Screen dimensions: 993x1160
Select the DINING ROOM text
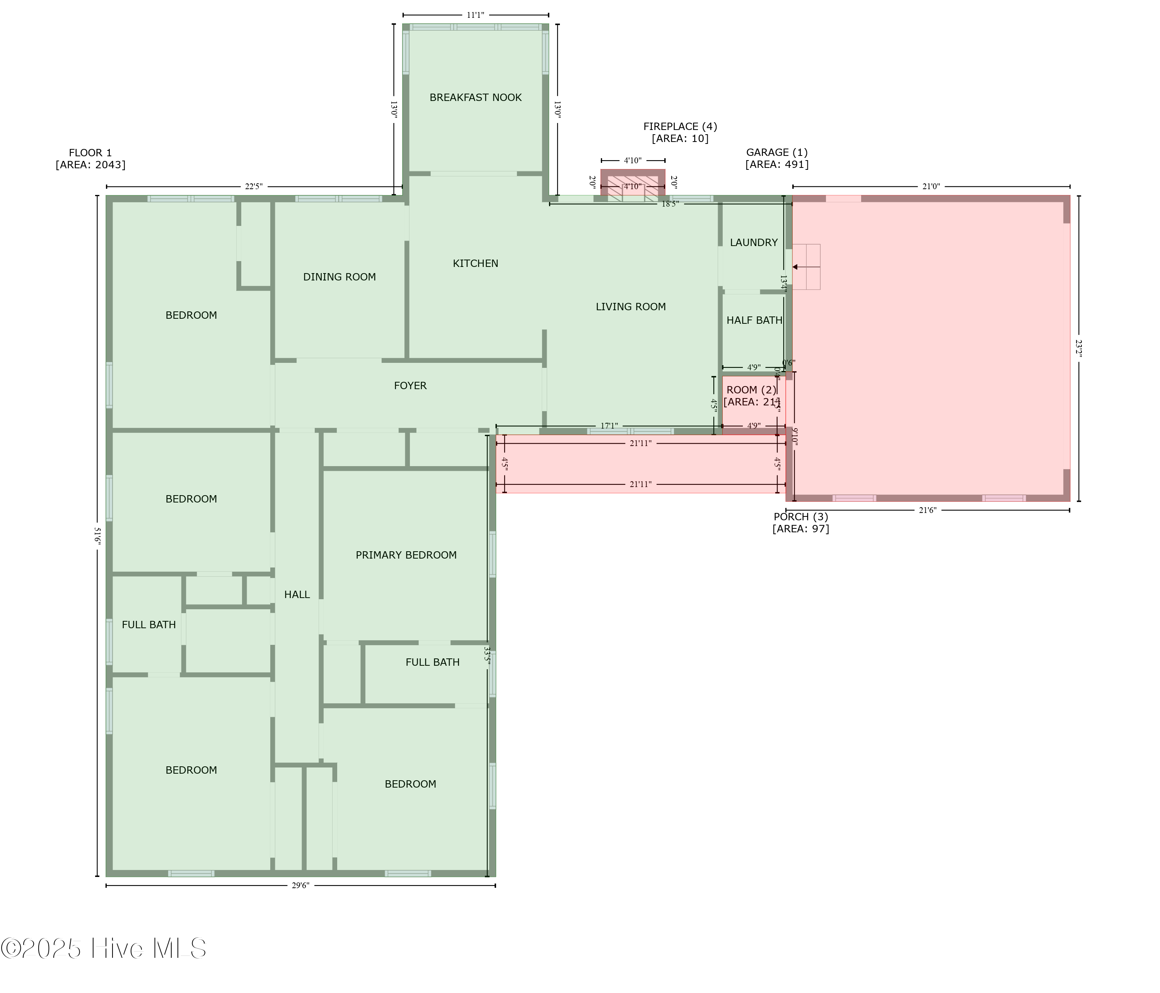click(339, 277)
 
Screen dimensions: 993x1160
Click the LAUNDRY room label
click(754, 243)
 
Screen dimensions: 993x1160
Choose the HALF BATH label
click(754, 320)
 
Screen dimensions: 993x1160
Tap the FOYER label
click(410, 385)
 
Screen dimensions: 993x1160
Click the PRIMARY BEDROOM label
click(406, 555)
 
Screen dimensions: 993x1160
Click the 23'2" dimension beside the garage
click(1078, 349)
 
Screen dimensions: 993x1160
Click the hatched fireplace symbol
click(633, 188)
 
